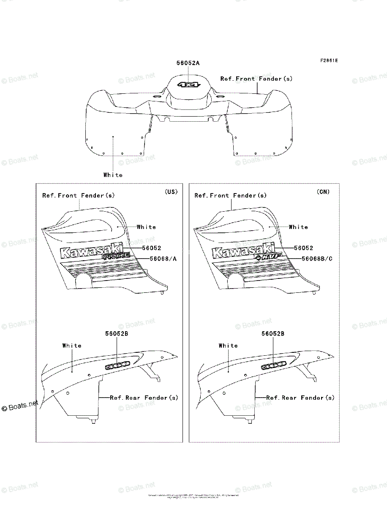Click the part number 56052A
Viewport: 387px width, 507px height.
188,63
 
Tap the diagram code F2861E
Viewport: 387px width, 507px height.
328,60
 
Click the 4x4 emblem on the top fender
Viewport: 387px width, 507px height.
188,84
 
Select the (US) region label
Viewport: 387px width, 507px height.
171,192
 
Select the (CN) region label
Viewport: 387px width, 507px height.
323,192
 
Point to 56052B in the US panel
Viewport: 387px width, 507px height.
117,333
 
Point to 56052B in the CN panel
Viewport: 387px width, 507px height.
273,333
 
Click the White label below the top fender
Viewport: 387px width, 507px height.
113,175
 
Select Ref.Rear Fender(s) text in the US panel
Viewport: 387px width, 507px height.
144,398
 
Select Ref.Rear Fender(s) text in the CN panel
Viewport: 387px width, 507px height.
300,398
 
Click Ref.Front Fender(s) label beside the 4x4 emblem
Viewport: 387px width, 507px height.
256,79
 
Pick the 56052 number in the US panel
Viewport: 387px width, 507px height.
151,248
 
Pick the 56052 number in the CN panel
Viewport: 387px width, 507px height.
303,248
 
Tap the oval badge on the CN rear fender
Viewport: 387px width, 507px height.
273,364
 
